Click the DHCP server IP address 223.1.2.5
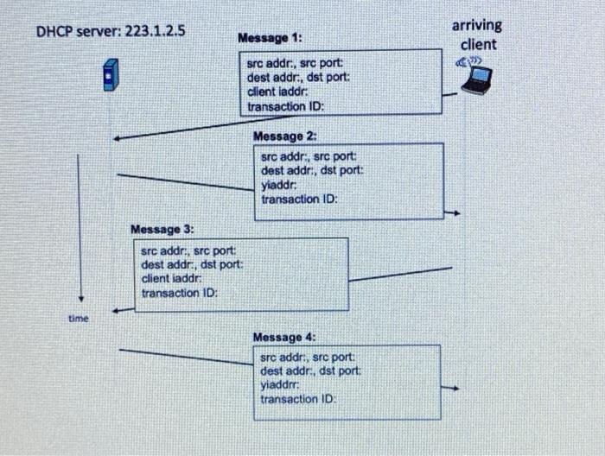pyautogui.click(x=158, y=32)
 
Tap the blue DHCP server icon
pyautogui.click(x=109, y=75)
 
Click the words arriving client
pyautogui.click(x=478, y=35)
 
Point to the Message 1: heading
pyautogui.click(x=271, y=38)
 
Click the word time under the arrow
pyautogui.click(x=79, y=319)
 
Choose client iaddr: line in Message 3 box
pyautogui.click(x=171, y=278)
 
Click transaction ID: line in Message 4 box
pyautogui.click(x=297, y=399)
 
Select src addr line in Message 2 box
pyautogui.click(x=308, y=157)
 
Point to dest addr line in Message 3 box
pyautogui.click(x=191, y=264)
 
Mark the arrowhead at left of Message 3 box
pyautogui.click(x=118, y=309)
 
